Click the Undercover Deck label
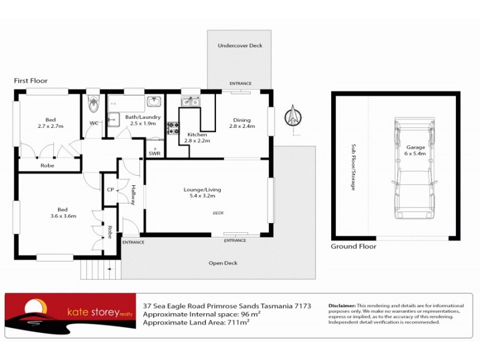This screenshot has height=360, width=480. [x=240, y=46]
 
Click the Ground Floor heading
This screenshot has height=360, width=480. [x=353, y=246]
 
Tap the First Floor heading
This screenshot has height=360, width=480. [x=31, y=80]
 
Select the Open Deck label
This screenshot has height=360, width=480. [x=223, y=263]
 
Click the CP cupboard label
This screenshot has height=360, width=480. [x=110, y=190]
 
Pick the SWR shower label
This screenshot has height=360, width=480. [x=154, y=154]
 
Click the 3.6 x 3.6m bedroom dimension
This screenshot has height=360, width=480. [x=63, y=216]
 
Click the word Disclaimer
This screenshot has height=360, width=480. [x=342, y=305]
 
